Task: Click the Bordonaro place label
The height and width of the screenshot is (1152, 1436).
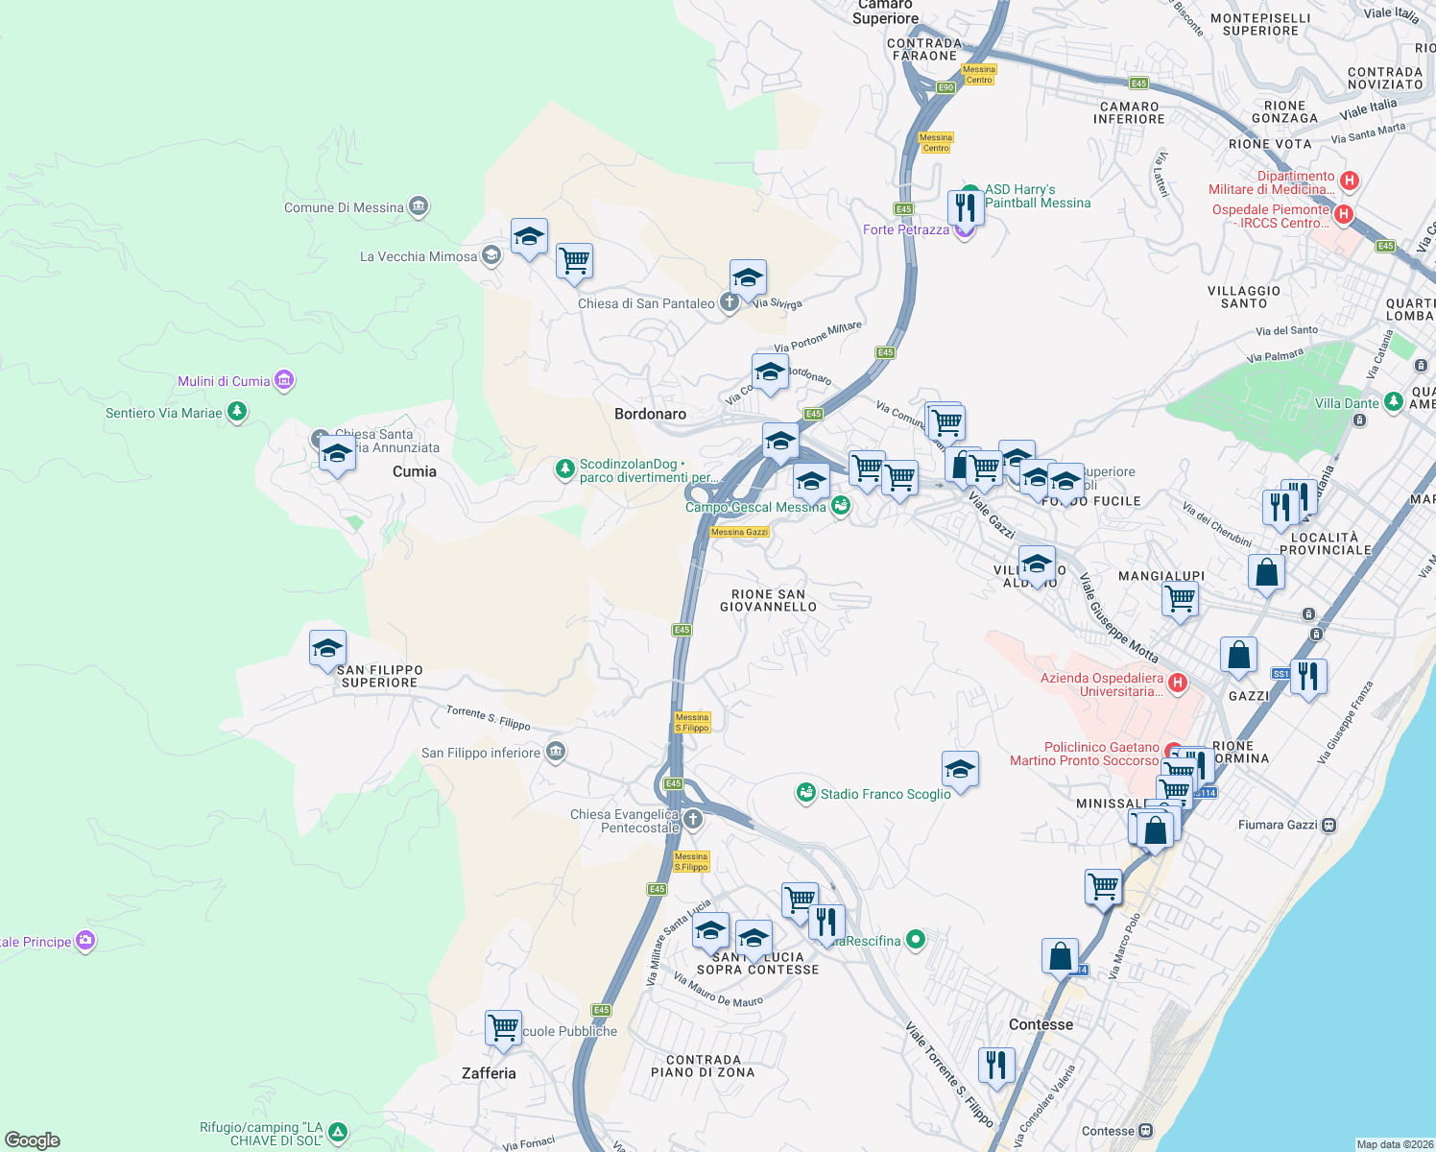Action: [x=650, y=414]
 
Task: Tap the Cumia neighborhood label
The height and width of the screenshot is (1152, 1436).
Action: [x=414, y=471]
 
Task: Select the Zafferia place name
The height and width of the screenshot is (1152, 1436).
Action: [x=489, y=1073]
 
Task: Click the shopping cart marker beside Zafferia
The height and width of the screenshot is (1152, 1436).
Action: [x=503, y=1028]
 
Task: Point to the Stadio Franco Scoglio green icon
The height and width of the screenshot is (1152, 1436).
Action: [x=806, y=793]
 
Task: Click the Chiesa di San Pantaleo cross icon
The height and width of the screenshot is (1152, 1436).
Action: [x=730, y=303]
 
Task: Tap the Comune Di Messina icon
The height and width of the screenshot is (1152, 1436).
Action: [x=418, y=206]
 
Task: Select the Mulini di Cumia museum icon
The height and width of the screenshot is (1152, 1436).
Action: [x=283, y=381]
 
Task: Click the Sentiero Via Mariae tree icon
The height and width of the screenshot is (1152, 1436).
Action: [x=237, y=413]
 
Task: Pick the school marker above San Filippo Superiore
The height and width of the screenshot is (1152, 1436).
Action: [x=327, y=648]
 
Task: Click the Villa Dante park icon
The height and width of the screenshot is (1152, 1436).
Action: [x=1394, y=403]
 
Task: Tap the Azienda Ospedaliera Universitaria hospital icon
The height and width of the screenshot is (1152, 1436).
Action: [x=1178, y=684]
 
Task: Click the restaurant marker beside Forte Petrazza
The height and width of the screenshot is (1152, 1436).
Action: [x=965, y=207]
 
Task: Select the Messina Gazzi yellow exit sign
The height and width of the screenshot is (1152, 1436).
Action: [x=739, y=532]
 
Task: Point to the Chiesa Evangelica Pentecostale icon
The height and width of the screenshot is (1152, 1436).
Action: [x=693, y=820]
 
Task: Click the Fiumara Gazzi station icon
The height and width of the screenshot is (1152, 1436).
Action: [x=1328, y=825]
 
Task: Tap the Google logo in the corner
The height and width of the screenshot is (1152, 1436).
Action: [x=33, y=1140]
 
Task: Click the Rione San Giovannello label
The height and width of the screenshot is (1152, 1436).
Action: [x=768, y=600]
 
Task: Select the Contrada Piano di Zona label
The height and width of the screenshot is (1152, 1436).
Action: [x=703, y=1066]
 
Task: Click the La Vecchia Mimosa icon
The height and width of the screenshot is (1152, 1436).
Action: [x=491, y=255]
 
